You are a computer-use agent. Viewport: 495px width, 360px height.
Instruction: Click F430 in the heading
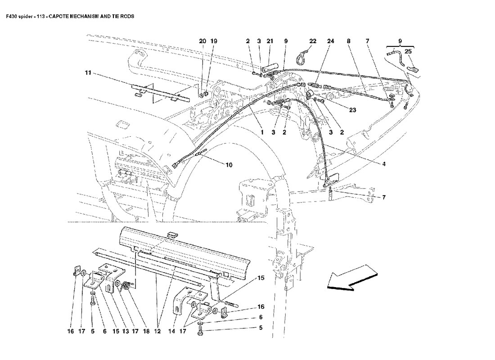point(12,16)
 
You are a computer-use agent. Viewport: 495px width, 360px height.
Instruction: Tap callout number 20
point(202,41)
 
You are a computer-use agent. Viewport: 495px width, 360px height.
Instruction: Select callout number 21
point(270,41)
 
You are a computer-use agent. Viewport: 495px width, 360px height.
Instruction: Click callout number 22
point(313,41)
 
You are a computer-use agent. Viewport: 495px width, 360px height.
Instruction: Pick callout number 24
point(331,41)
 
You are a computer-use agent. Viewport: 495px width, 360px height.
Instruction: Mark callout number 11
point(88,73)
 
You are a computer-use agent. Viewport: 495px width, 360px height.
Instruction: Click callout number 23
point(352,110)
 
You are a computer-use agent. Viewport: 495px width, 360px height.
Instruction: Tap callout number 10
point(229,165)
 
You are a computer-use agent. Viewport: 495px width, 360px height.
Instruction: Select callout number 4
point(384,164)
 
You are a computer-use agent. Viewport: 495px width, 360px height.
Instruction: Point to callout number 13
point(125,331)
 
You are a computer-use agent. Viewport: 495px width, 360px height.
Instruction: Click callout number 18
point(146,331)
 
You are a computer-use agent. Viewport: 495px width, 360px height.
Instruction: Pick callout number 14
point(171,331)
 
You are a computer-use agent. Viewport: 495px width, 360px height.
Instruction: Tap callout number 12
point(157,331)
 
